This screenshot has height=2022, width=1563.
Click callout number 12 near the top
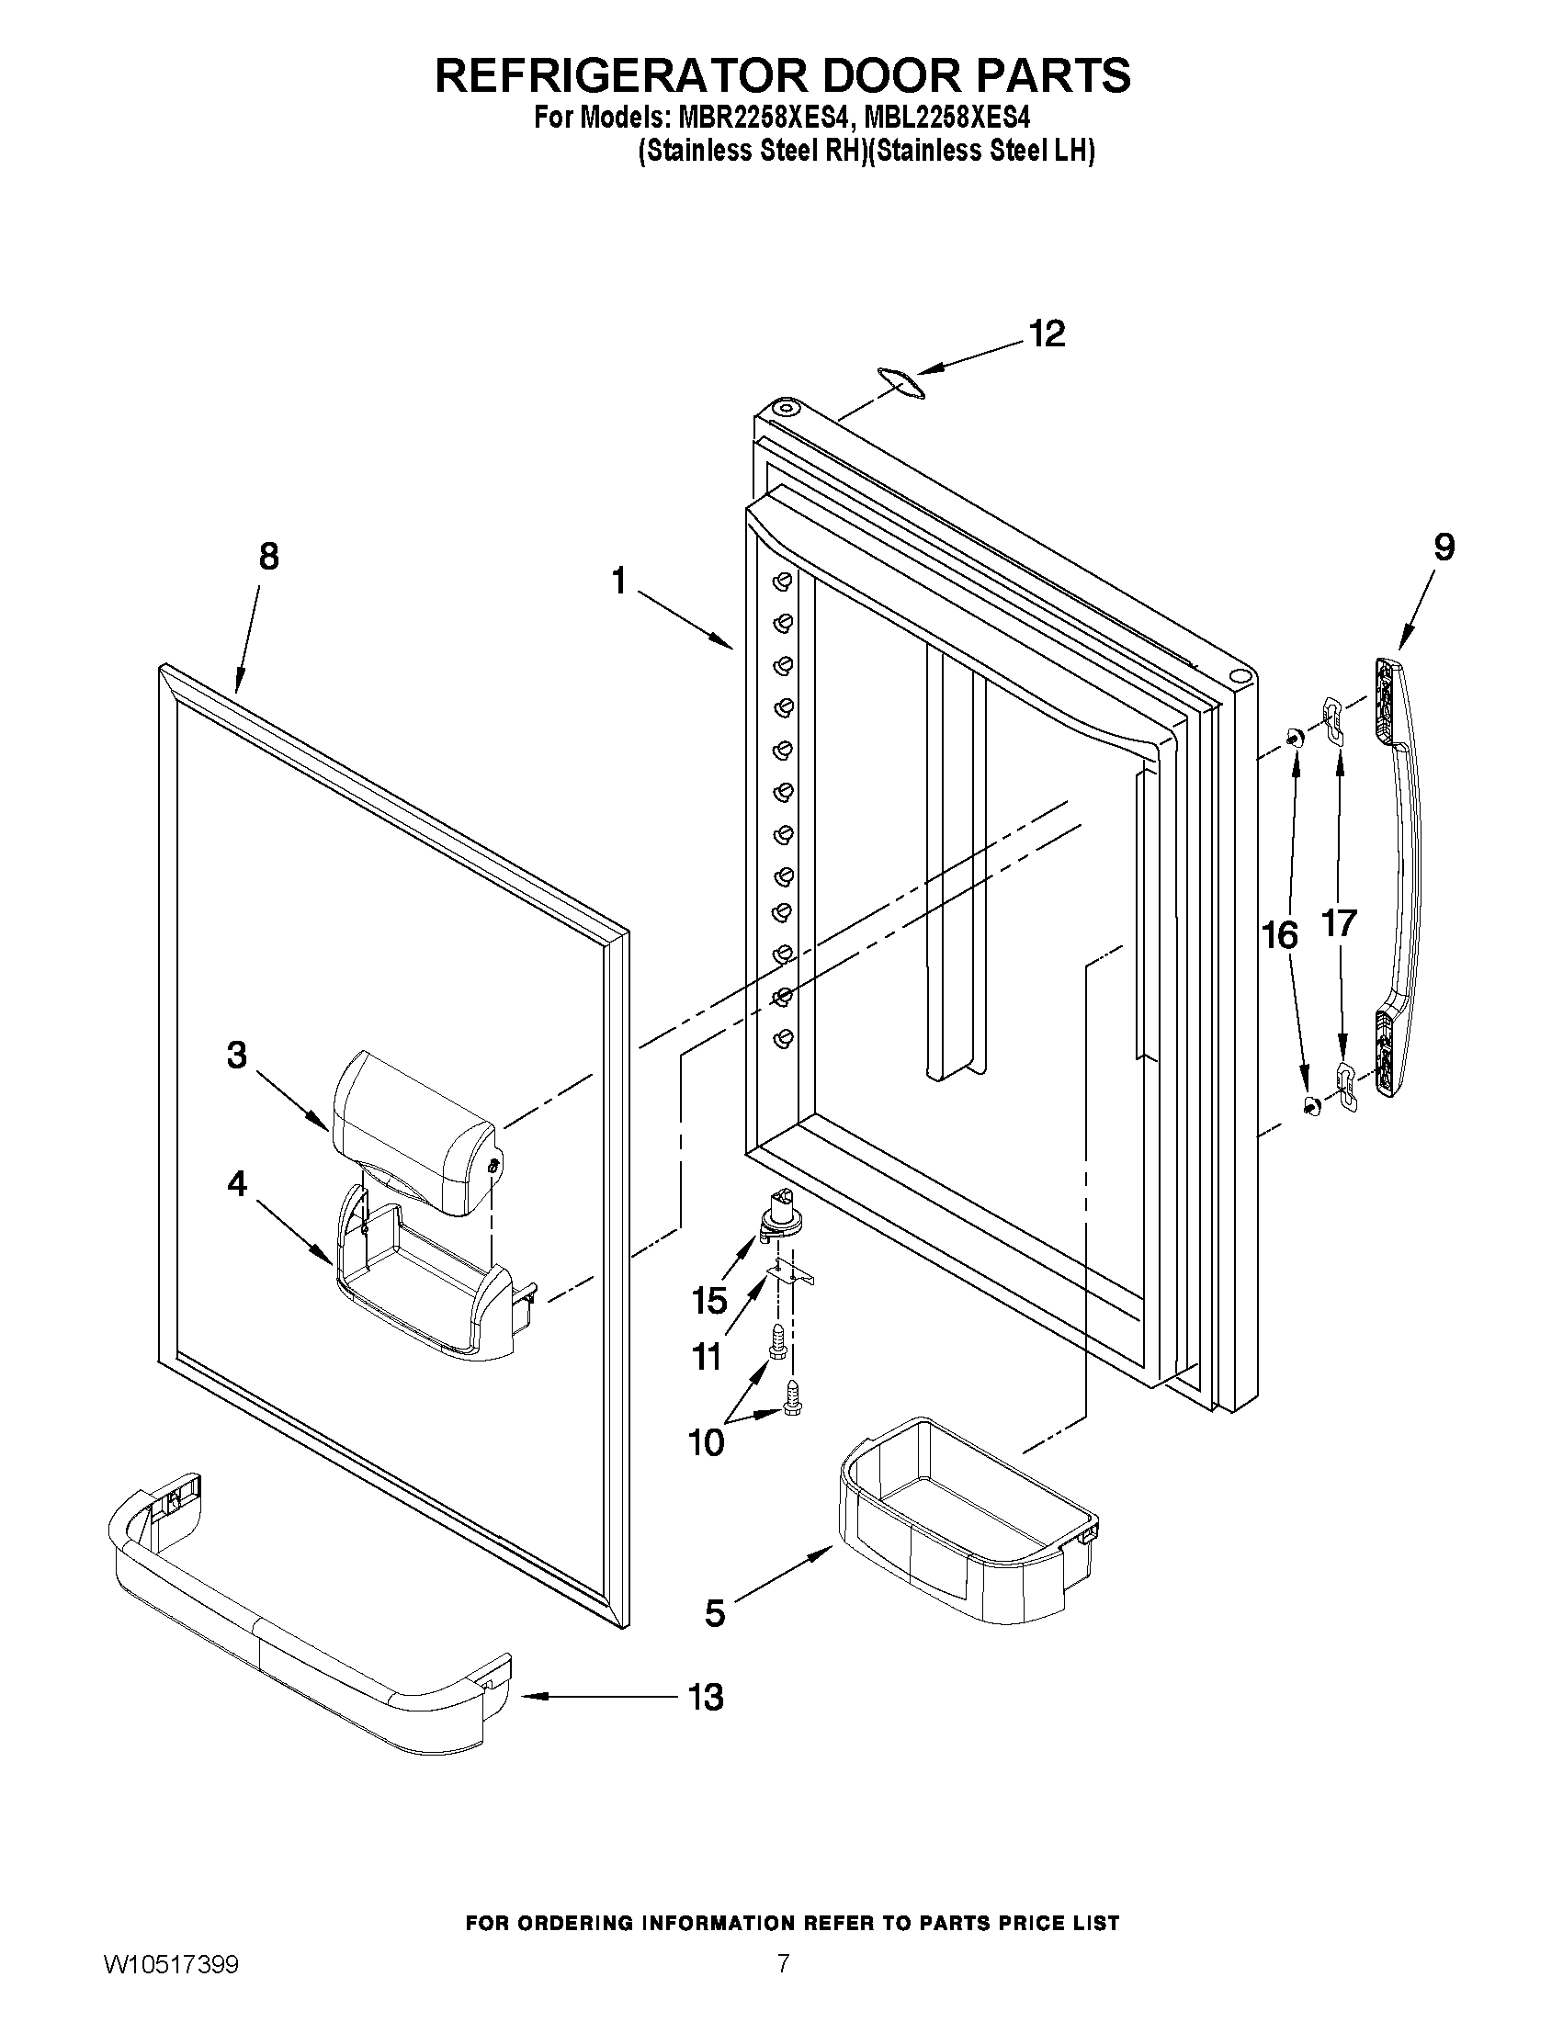(x=1048, y=334)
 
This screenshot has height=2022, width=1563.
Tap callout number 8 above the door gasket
(x=267, y=557)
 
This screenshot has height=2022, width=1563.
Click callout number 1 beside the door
(x=618, y=581)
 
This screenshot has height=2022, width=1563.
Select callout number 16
(x=1280, y=936)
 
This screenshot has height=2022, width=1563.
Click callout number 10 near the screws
(x=706, y=1441)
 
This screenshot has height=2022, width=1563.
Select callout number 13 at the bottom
(x=706, y=1697)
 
